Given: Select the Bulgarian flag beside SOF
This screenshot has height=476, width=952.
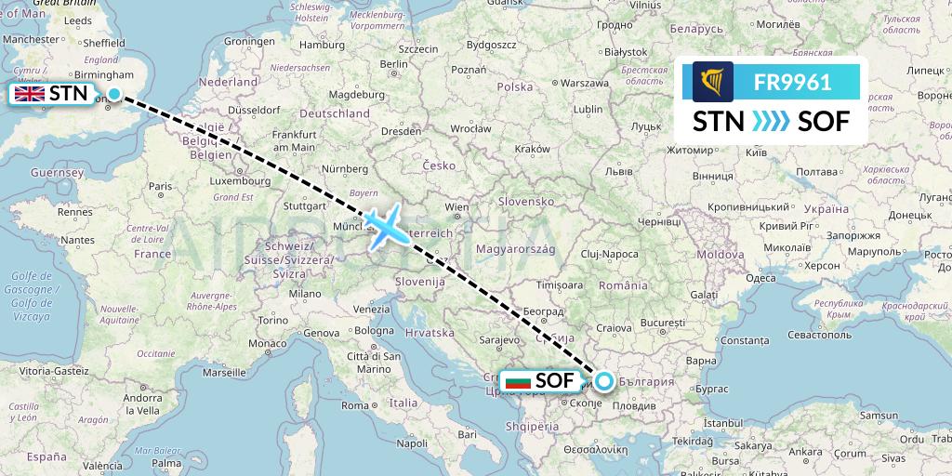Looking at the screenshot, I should coord(517,381).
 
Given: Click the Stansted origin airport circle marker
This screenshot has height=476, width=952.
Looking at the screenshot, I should coord(114,93).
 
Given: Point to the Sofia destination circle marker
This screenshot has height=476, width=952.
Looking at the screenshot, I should coord(604,380).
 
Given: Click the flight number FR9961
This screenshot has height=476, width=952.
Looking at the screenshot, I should coord(793,82).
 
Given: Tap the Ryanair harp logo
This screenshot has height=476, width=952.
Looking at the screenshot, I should coord(713,82).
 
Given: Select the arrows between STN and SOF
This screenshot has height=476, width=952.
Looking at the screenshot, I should coord(771,121).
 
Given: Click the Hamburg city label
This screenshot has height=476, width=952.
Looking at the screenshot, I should coord(322,44).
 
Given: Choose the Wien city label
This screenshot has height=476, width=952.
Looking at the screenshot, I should coord(456,206).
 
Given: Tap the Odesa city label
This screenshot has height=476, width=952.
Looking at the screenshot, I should coord(760,277).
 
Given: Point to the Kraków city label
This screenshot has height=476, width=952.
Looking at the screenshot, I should coord(532,148).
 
